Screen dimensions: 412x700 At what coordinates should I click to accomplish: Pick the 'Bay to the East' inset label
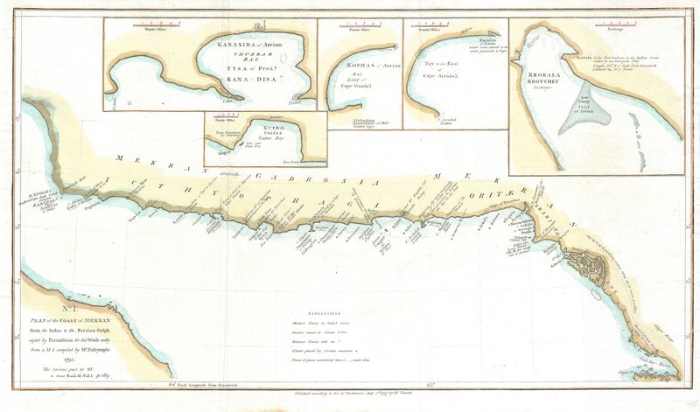(x=448, y=64)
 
